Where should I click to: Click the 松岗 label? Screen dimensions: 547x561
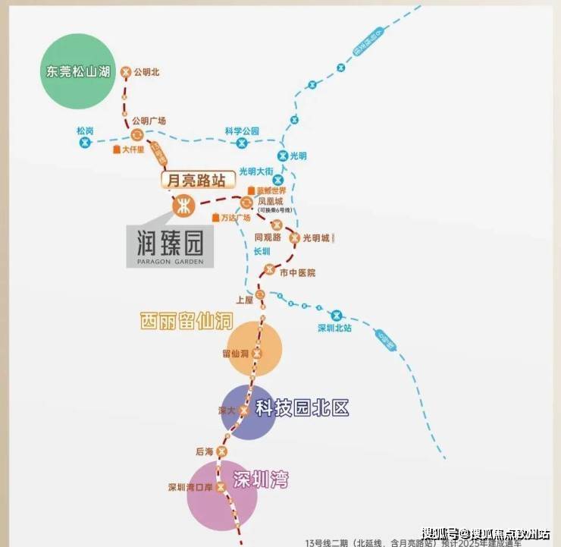point(85,130)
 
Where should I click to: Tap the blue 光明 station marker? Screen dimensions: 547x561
point(283,156)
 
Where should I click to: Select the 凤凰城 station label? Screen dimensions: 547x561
point(274,202)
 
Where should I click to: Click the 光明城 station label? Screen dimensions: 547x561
point(317,237)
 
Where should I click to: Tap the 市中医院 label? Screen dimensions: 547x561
point(297,272)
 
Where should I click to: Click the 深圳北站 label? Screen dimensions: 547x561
point(334,329)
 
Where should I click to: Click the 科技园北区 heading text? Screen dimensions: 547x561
point(302,408)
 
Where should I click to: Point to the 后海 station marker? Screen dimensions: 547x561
point(221,451)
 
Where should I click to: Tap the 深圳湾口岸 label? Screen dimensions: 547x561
point(187,487)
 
